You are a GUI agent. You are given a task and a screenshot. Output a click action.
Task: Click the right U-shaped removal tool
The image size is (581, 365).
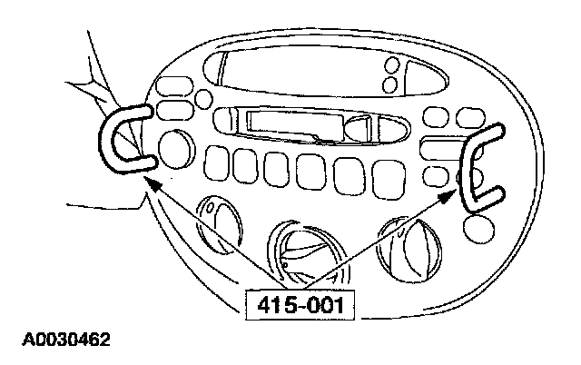[477, 172]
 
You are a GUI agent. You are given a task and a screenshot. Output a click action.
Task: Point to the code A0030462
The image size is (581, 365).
[63, 342]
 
